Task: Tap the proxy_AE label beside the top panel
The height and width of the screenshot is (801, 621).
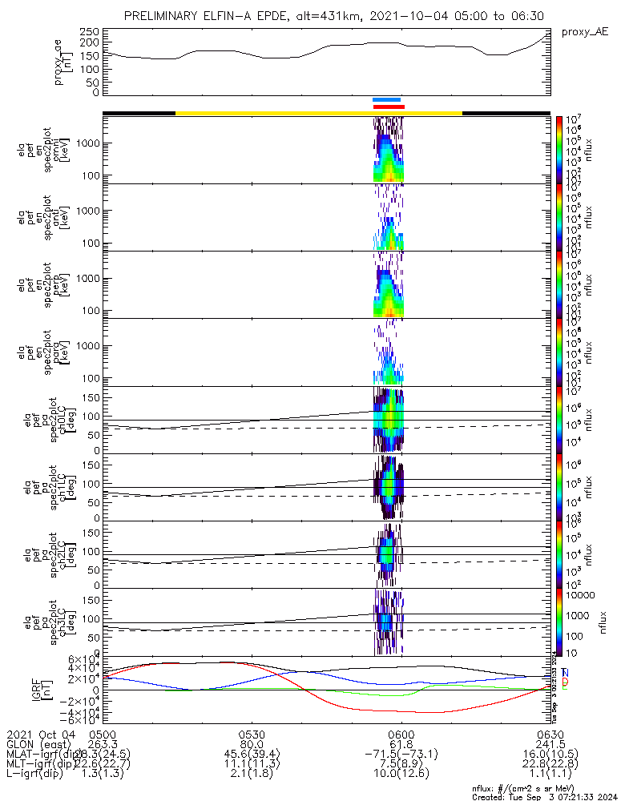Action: pos(585,32)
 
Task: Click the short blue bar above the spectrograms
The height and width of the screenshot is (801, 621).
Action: pos(386,100)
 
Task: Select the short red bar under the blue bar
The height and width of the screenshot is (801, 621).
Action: pos(389,107)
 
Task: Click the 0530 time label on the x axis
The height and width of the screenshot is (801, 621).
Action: pos(252,735)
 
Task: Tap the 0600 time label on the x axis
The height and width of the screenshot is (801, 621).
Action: pos(401,735)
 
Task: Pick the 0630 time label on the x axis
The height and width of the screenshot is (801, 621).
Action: pos(550,735)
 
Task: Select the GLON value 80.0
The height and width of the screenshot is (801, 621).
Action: pos(252,745)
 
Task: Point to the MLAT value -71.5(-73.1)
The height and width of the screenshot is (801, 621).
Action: pos(401,755)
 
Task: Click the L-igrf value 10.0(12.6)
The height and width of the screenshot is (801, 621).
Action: pos(401,776)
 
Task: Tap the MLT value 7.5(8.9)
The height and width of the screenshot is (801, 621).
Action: pos(401,766)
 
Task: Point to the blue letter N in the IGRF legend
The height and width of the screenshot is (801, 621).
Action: pos(566,673)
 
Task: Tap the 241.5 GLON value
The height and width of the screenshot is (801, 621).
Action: pos(550,745)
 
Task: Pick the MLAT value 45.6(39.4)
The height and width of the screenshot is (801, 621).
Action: pos(252,755)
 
